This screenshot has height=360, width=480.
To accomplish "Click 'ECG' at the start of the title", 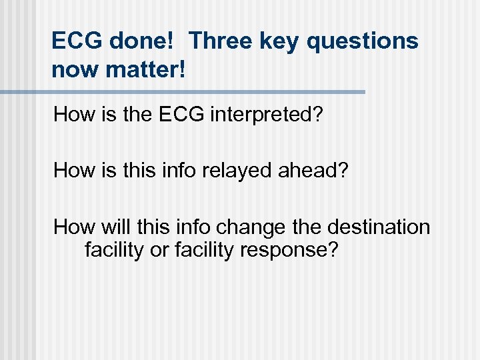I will [x=75, y=41].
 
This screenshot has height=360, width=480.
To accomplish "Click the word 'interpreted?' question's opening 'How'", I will [x=75, y=115].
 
